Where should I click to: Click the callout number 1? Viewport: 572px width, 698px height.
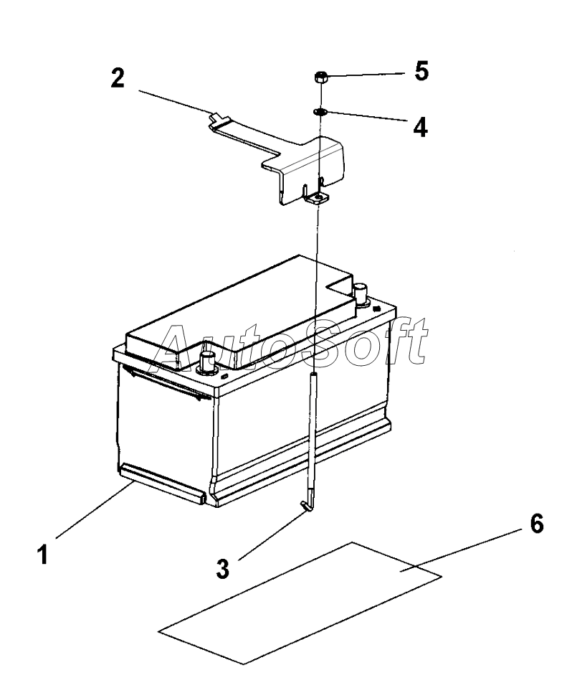44,554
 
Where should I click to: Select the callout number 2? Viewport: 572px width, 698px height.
116,78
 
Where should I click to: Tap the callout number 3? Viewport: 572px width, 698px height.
223,568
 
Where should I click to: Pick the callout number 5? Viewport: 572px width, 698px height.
421,72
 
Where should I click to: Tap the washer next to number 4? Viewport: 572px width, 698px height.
320,111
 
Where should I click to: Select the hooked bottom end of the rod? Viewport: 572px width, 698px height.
307,506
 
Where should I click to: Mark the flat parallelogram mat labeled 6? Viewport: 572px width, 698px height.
301,603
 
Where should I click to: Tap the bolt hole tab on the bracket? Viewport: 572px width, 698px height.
316,199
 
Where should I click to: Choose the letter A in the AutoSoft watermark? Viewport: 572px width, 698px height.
176,342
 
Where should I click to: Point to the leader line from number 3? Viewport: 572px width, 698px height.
270,534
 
